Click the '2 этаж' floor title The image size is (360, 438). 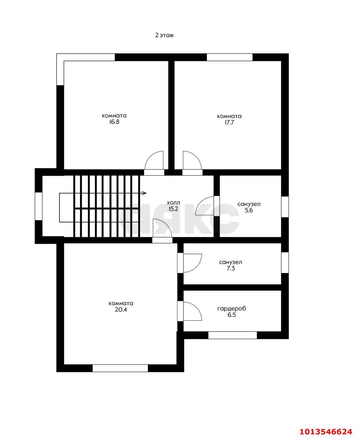point(164,35)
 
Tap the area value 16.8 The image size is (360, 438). point(114,122)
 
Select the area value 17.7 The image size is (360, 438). point(229,123)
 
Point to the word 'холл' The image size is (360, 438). point(174,203)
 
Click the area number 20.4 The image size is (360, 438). point(121,310)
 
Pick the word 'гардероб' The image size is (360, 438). point(232,309)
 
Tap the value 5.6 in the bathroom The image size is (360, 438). point(249,210)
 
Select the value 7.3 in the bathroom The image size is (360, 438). point(231,269)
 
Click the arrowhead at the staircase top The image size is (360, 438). point(145,193)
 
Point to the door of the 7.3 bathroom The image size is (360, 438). point(193,263)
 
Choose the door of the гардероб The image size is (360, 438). point(193,311)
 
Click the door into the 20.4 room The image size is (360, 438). point(162,228)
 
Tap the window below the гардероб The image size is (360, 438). point(233,335)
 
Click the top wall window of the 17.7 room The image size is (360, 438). point(229,57)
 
